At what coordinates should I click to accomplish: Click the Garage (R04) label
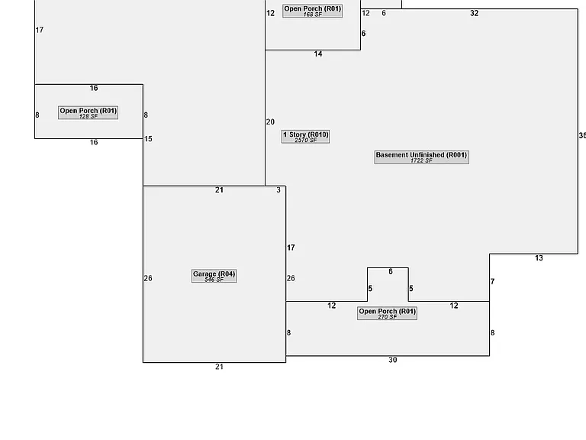coord(214,276)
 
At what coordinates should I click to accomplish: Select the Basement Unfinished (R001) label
coord(421,157)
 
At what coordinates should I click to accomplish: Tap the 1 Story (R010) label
coord(306,137)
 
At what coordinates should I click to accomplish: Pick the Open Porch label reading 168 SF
coord(312,11)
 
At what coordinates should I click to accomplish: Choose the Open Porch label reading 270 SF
coord(387,313)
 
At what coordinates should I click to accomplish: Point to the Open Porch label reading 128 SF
coord(89,112)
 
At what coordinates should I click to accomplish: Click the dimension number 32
coord(475,13)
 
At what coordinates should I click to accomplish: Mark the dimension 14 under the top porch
coord(318,54)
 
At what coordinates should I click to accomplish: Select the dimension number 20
coord(270,122)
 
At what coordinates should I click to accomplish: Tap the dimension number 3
coord(279,190)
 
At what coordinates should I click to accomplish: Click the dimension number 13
coord(539,257)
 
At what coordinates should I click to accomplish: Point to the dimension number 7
coord(493,281)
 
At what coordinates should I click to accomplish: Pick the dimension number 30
coord(392,360)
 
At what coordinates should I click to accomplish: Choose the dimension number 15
coord(148,139)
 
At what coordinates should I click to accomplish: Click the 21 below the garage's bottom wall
coord(220,367)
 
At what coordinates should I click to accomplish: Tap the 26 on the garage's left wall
coord(148,278)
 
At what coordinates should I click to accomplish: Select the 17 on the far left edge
coord(40,30)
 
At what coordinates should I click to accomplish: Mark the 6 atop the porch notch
coord(391,272)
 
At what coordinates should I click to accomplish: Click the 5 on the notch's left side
coord(370,289)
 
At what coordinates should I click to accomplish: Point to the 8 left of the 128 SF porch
coord(37,115)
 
